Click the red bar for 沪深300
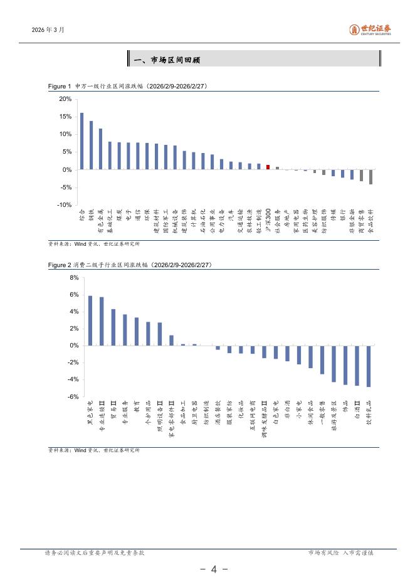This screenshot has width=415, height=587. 268,167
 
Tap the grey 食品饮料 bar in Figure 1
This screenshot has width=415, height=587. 370,177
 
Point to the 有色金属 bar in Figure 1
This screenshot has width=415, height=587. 100,149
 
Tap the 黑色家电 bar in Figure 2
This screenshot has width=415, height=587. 90,320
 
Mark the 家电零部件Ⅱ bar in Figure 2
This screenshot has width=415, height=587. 171,341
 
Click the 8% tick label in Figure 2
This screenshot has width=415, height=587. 73,278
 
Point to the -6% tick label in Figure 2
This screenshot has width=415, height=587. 72,396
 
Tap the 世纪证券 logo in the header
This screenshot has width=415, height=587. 370,30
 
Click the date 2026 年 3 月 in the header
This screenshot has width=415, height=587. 48,30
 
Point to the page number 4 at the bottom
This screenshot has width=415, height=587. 213,569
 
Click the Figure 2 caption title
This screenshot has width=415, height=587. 132,265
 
